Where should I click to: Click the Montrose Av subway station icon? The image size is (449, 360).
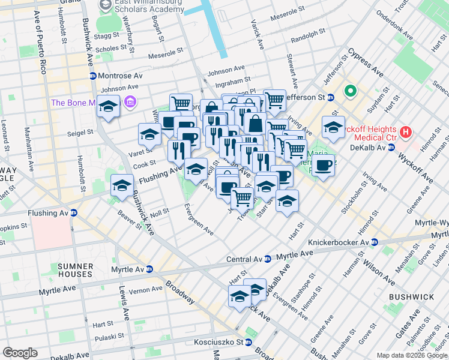pyautogui.click(x=93, y=76)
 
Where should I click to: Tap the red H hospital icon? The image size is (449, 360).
pyautogui.click(x=406, y=131)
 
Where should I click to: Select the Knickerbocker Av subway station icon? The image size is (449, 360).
pyautogui.click(x=374, y=242)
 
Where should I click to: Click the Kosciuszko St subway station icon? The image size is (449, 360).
pyautogui.click(x=247, y=342)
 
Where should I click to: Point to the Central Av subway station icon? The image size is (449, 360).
pyautogui.click(x=268, y=259)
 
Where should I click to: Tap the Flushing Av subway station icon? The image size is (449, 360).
pyautogui.click(x=74, y=212)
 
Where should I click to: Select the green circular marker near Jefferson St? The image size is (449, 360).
pyautogui.click(x=350, y=92)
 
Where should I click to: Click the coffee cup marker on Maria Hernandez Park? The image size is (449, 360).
pyautogui.click(x=323, y=165)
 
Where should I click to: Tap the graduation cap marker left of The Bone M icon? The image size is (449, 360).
pyautogui.click(x=108, y=107)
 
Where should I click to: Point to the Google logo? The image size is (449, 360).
pyautogui.click(x=20, y=353)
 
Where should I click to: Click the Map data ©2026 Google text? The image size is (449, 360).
pyautogui.click(x=412, y=355)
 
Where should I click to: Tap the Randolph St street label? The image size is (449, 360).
pyautogui.click(x=308, y=40)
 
